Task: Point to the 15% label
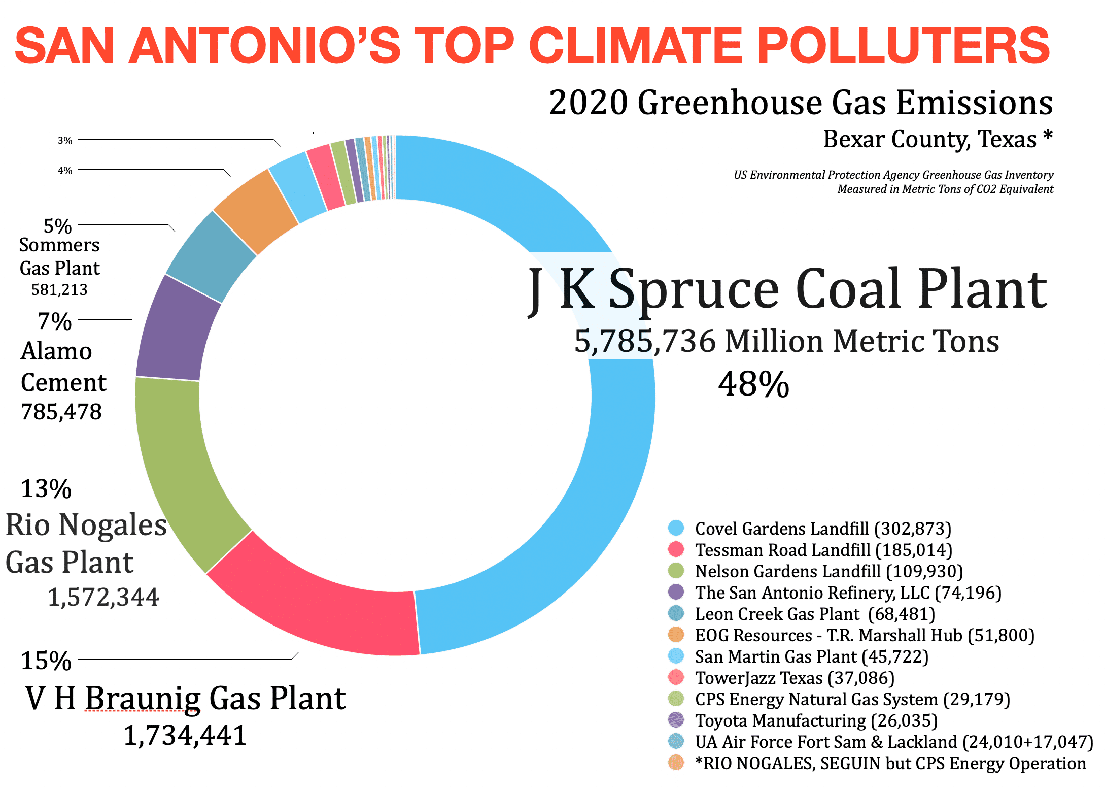click(46, 661)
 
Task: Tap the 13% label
click(46, 488)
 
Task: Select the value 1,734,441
click(185, 735)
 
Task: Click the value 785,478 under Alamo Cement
click(61, 412)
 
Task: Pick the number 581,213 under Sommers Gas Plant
click(59, 289)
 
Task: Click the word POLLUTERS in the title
click(903, 46)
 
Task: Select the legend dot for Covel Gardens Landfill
click(676, 528)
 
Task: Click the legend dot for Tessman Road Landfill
click(676, 549)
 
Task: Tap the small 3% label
click(65, 140)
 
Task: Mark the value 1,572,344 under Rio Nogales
click(103, 597)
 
